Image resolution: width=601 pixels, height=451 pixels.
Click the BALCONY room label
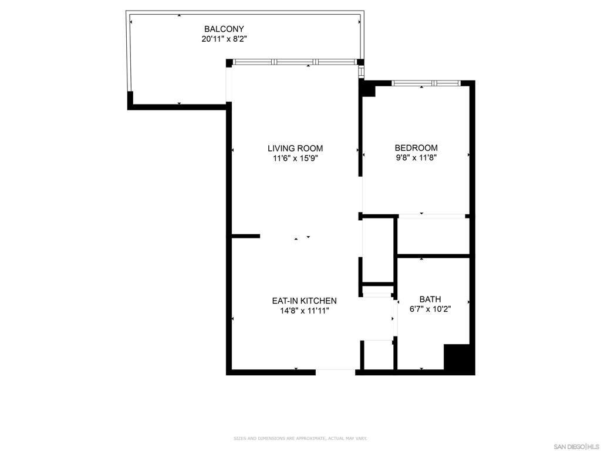[x=224, y=29]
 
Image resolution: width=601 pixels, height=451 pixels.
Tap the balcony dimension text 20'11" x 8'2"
[x=224, y=39]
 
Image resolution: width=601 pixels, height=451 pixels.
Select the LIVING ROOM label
[x=295, y=149]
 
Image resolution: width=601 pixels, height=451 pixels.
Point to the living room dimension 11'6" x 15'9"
[x=295, y=158]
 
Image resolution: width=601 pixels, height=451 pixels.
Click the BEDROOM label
[x=416, y=147]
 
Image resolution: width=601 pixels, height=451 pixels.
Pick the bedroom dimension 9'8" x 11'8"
[x=416, y=157]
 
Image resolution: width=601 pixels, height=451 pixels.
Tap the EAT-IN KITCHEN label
[x=305, y=301]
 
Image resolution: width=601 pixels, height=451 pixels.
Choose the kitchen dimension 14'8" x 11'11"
[x=305, y=311]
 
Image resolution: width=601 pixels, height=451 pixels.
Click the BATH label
[x=430, y=299]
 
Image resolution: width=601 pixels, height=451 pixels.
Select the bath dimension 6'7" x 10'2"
[x=430, y=309]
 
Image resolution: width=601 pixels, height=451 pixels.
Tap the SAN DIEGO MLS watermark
[x=576, y=447]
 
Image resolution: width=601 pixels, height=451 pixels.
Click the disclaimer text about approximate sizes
[x=300, y=438]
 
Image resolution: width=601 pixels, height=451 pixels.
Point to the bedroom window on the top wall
[x=426, y=83]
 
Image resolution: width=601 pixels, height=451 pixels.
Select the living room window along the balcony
[x=295, y=62]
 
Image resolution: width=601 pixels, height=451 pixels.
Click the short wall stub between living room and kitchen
[x=246, y=236]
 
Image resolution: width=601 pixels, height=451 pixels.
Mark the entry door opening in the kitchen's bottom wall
[x=335, y=372]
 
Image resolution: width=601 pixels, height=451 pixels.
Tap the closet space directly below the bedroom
[x=433, y=236]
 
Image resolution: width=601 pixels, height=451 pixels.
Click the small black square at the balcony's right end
[x=360, y=62]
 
